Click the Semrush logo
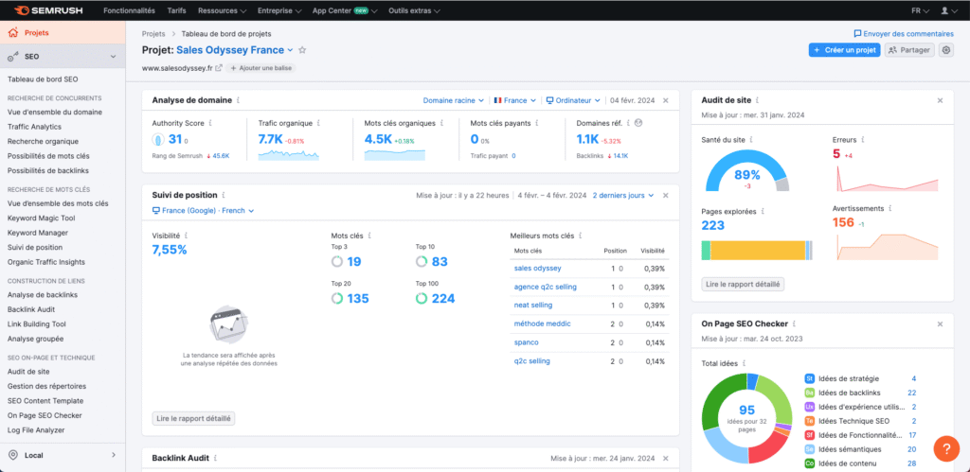(45, 10)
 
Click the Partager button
(909, 50)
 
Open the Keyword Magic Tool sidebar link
(42, 218)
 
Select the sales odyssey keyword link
(537, 269)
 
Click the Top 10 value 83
(439, 262)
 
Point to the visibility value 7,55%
(170, 250)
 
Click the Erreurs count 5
(836, 153)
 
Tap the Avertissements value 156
(843, 222)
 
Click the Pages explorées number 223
(713, 225)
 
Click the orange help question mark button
(945, 447)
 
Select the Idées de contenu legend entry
(848, 463)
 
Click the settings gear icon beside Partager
(945, 50)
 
